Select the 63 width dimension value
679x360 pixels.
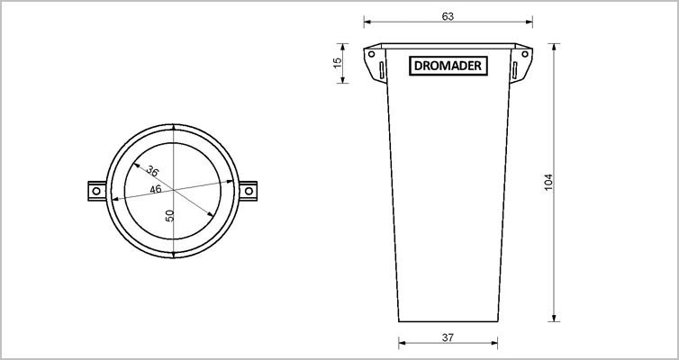coord(448,16)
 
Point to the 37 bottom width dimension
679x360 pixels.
coord(448,337)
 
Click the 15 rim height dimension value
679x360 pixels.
coord(338,64)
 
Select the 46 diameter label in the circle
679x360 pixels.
coord(156,189)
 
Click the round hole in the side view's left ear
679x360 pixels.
coord(371,57)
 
